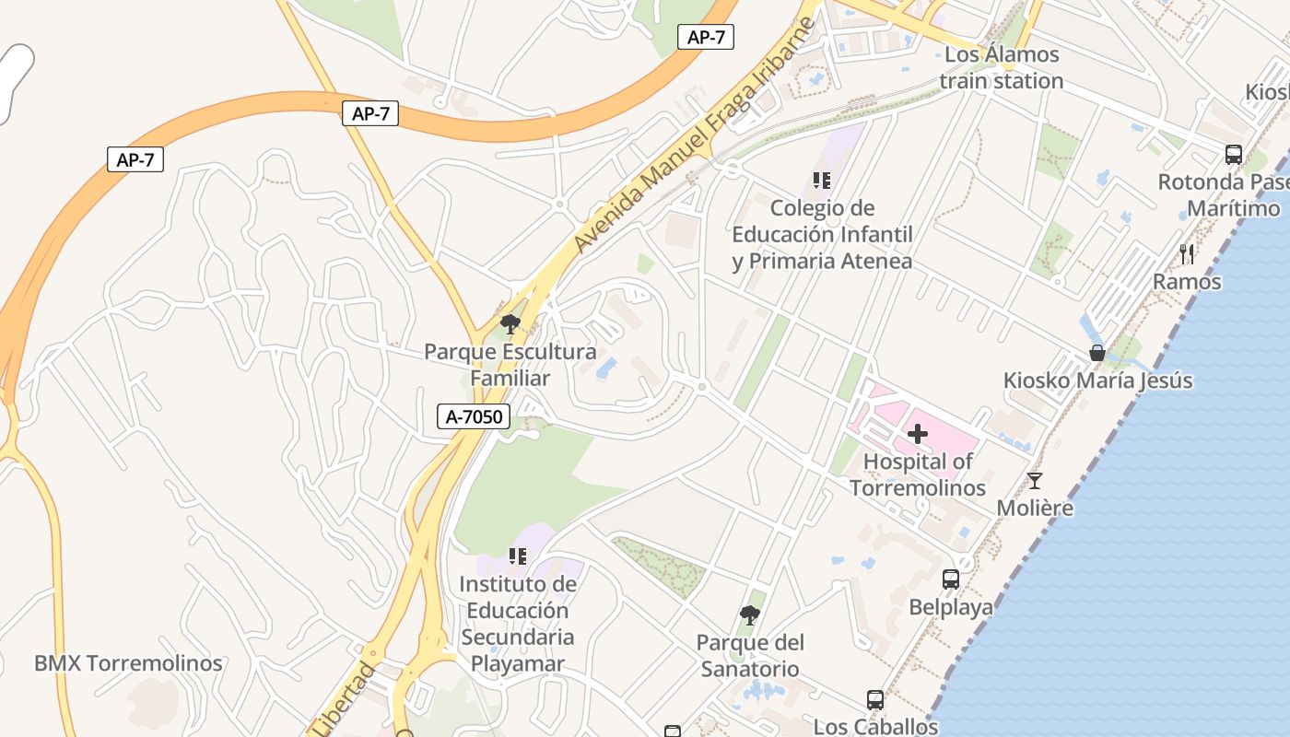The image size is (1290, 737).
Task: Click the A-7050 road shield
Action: [474, 416]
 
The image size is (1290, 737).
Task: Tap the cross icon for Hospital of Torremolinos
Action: [918, 434]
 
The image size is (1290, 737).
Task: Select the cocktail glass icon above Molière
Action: [1035, 480]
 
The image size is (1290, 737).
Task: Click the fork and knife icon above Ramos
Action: [1187, 253]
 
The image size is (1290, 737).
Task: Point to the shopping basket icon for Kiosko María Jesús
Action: [1096, 352]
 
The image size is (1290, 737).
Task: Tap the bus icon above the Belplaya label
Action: [951, 579]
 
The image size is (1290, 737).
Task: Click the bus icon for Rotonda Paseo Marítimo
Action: [1234, 155]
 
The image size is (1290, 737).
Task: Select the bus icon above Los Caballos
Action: [875, 700]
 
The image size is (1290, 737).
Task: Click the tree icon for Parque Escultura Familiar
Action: [510, 323]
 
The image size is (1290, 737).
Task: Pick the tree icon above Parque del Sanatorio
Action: [750, 614]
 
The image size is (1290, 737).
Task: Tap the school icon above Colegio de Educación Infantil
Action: [822, 181]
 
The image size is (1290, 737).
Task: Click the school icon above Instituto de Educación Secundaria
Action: [518, 556]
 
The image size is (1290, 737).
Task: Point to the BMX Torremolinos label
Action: [128, 663]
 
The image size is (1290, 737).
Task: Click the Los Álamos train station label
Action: [1002, 67]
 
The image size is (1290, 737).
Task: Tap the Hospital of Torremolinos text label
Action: [918, 474]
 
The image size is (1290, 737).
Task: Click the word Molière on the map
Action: [1035, 508]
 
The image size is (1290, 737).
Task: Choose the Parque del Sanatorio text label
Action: [750, 655]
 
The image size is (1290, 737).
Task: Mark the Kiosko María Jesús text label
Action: [1097, 380]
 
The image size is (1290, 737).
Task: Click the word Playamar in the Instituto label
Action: [518, 663]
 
